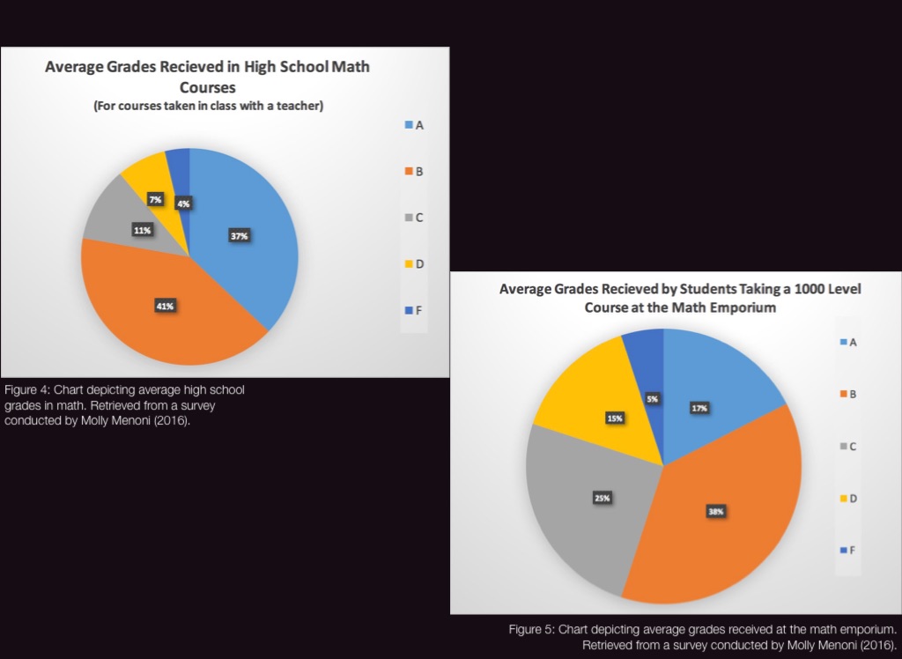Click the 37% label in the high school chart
coord(240,236)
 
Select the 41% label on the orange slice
coord(166,306)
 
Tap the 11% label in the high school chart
coord(143,230)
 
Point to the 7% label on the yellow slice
coord(155,200)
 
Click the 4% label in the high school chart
coord(183,204)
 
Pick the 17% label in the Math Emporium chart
coord(700,408)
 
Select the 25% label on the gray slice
coord(603,498)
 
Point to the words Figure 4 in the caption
coord(23,389)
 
